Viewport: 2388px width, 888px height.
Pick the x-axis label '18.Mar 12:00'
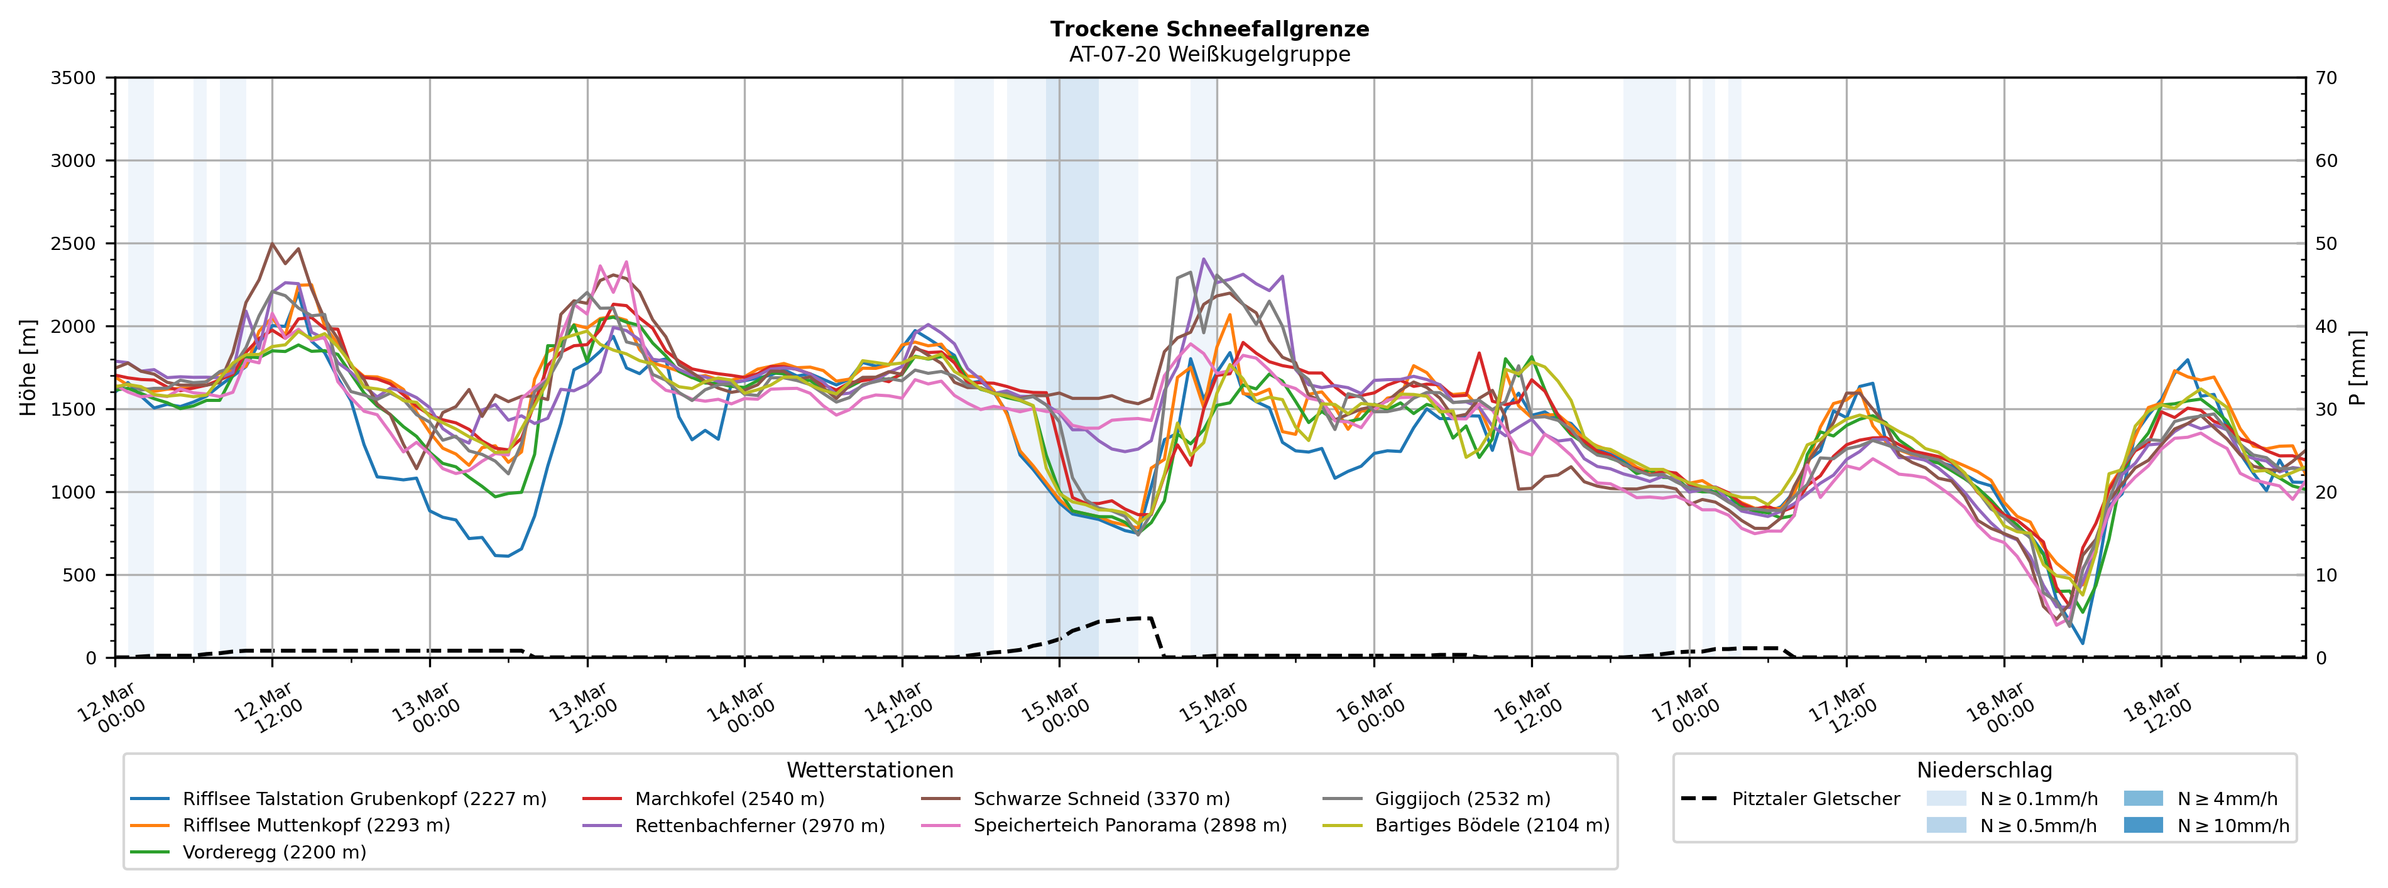tap(2157, 709)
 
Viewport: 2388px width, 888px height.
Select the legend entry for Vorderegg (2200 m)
tap(273, 852)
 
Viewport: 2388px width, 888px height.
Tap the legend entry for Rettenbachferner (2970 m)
tap(759, 825)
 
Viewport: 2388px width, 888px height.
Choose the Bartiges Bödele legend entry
tap(1491, 825)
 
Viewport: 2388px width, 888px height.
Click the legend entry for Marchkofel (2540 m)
tap(729, 799)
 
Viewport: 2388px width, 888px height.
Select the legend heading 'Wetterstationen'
tap(870, 771)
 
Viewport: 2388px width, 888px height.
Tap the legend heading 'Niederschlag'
tap(1984, 771)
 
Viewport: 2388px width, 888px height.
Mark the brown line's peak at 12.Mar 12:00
tap(271, 244)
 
